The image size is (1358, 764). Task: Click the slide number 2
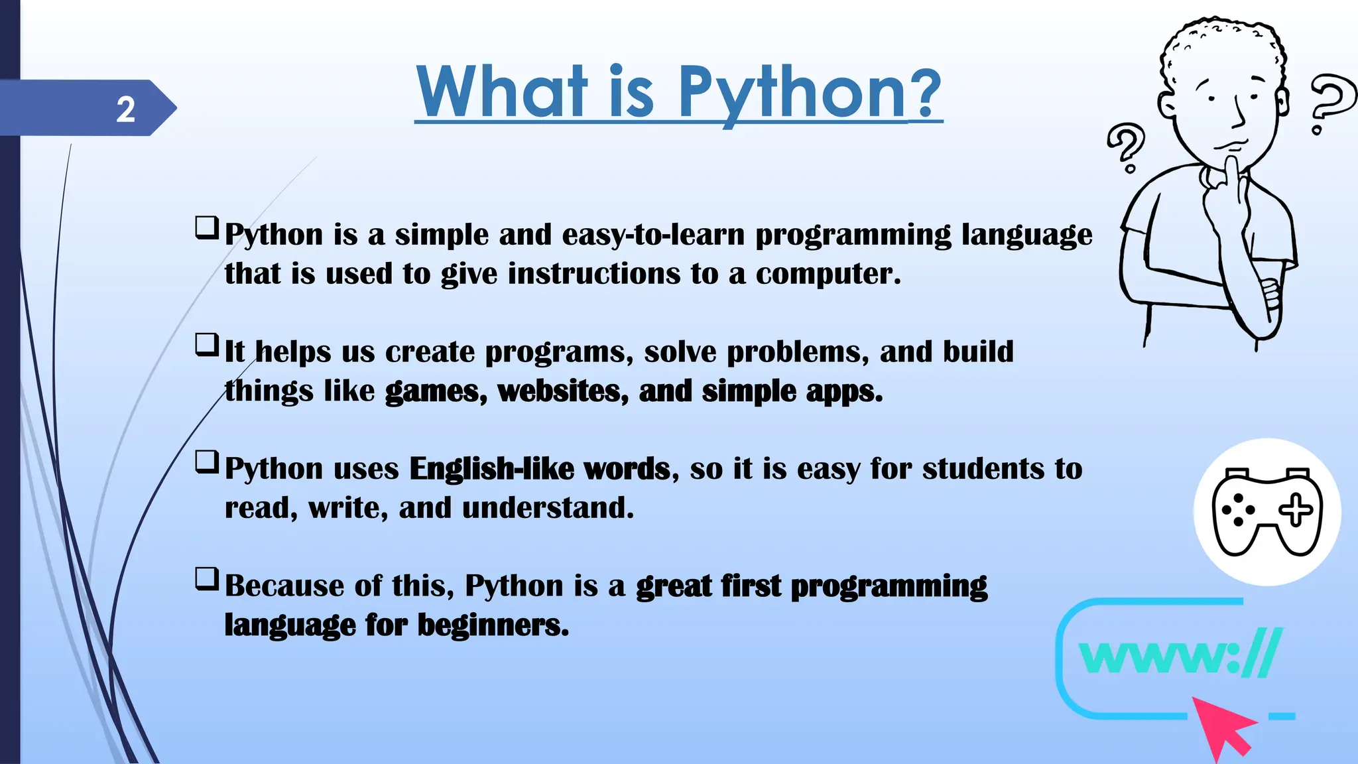point(125,109)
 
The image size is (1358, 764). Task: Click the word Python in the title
point(792,93)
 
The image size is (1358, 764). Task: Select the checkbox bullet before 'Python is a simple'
point(207,227)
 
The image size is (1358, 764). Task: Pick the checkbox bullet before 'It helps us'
point(207,345)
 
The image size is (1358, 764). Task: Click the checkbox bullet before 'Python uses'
point(207,462)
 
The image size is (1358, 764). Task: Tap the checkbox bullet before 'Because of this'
point(207,579)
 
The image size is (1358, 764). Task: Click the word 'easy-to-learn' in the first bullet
point(653,235)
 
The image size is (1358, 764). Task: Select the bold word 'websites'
point(558,391)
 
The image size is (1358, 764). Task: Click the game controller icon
point(1267,512)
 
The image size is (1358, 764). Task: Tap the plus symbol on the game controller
point(1296,511)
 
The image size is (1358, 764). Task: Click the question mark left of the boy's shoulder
point(1126,148)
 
